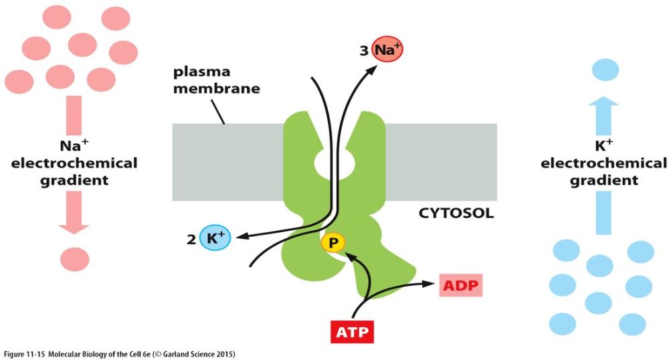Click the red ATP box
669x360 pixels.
click(x=350, y=332)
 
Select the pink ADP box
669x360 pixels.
click(x=460, y=286)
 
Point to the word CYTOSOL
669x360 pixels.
click(x=458, y=214)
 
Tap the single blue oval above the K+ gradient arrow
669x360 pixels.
click(x=609, y=68)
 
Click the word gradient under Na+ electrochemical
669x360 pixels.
click(x=74, y=179)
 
